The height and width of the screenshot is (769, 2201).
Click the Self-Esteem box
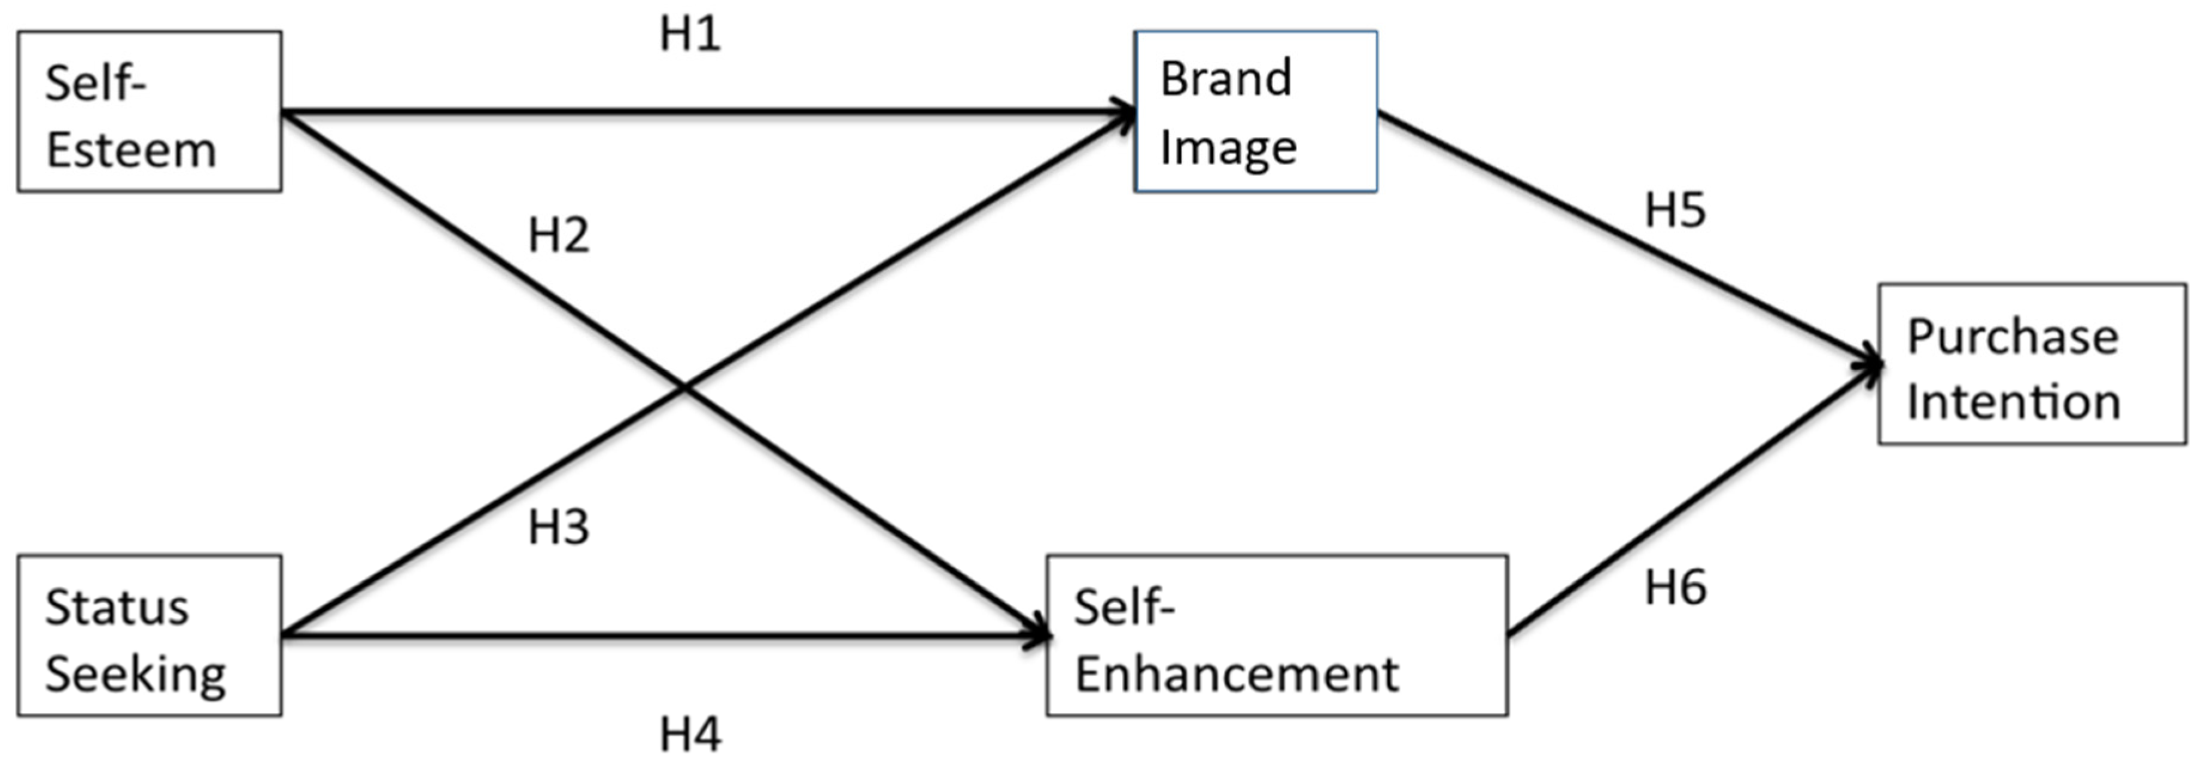(150, 111)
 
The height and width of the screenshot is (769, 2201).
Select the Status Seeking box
(150, 636)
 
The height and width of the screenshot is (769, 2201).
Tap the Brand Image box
(1255, 111)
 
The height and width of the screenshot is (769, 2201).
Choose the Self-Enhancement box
(1277, 636)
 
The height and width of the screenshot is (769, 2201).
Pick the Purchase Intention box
(2032, 364)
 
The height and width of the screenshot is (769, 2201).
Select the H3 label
(559, 528)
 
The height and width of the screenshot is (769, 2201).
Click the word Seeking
(136, 675)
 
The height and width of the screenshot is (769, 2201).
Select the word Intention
(2014, 402)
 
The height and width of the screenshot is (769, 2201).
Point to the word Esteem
(131, 151)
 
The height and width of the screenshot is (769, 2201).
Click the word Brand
(1225, 80)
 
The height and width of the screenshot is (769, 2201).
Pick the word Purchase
(2013, 337)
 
